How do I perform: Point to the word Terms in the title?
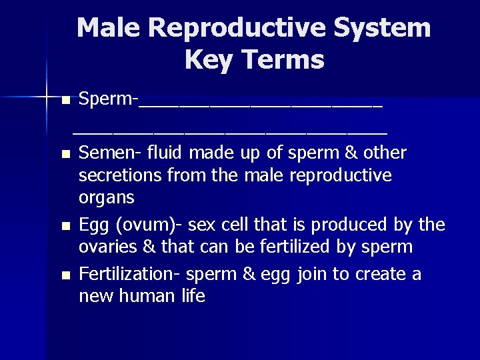click(285, 60)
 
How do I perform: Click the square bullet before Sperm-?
click(65, 101)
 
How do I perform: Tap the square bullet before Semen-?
click(65, 155)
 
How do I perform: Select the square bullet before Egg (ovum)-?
click(65, 227)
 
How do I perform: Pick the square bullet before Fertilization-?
click(65, 275)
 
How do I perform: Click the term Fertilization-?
click(130, 274)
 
